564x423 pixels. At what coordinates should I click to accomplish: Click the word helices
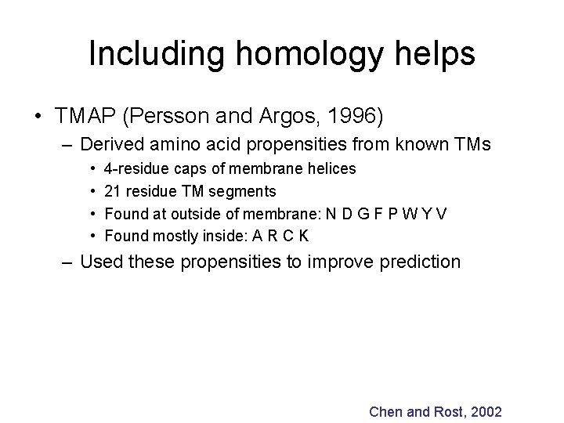(x=332, y=168)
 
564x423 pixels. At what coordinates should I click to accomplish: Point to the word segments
(x=249, y=190)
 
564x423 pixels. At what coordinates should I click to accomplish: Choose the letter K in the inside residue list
(x=302, y=234)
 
